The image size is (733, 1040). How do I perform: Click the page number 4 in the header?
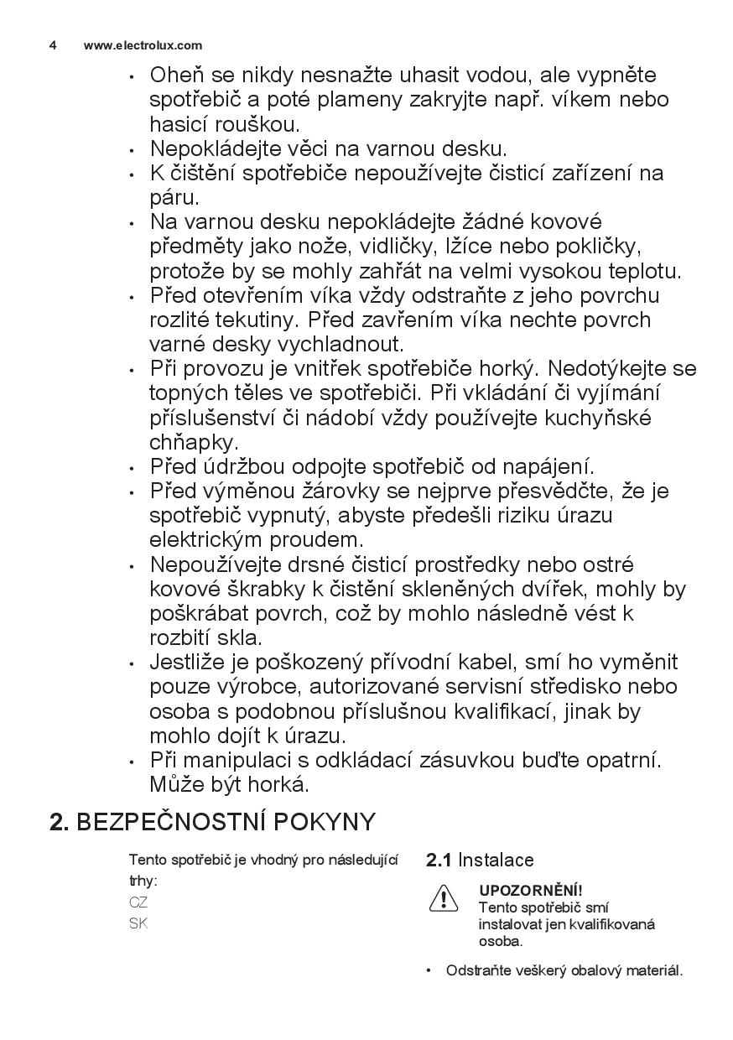(53, 45)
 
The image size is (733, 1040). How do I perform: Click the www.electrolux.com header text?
(143, 45)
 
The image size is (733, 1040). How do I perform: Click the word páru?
(174, 199)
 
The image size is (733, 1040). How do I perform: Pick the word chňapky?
(193, 442)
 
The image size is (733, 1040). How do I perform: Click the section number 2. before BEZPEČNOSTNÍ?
(59, 822)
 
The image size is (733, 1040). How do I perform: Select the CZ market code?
(138, 903)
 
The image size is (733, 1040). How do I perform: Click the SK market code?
(138, 924)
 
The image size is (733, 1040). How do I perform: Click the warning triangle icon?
(443, 899)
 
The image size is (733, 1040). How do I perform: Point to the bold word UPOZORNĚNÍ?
(530, 891)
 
